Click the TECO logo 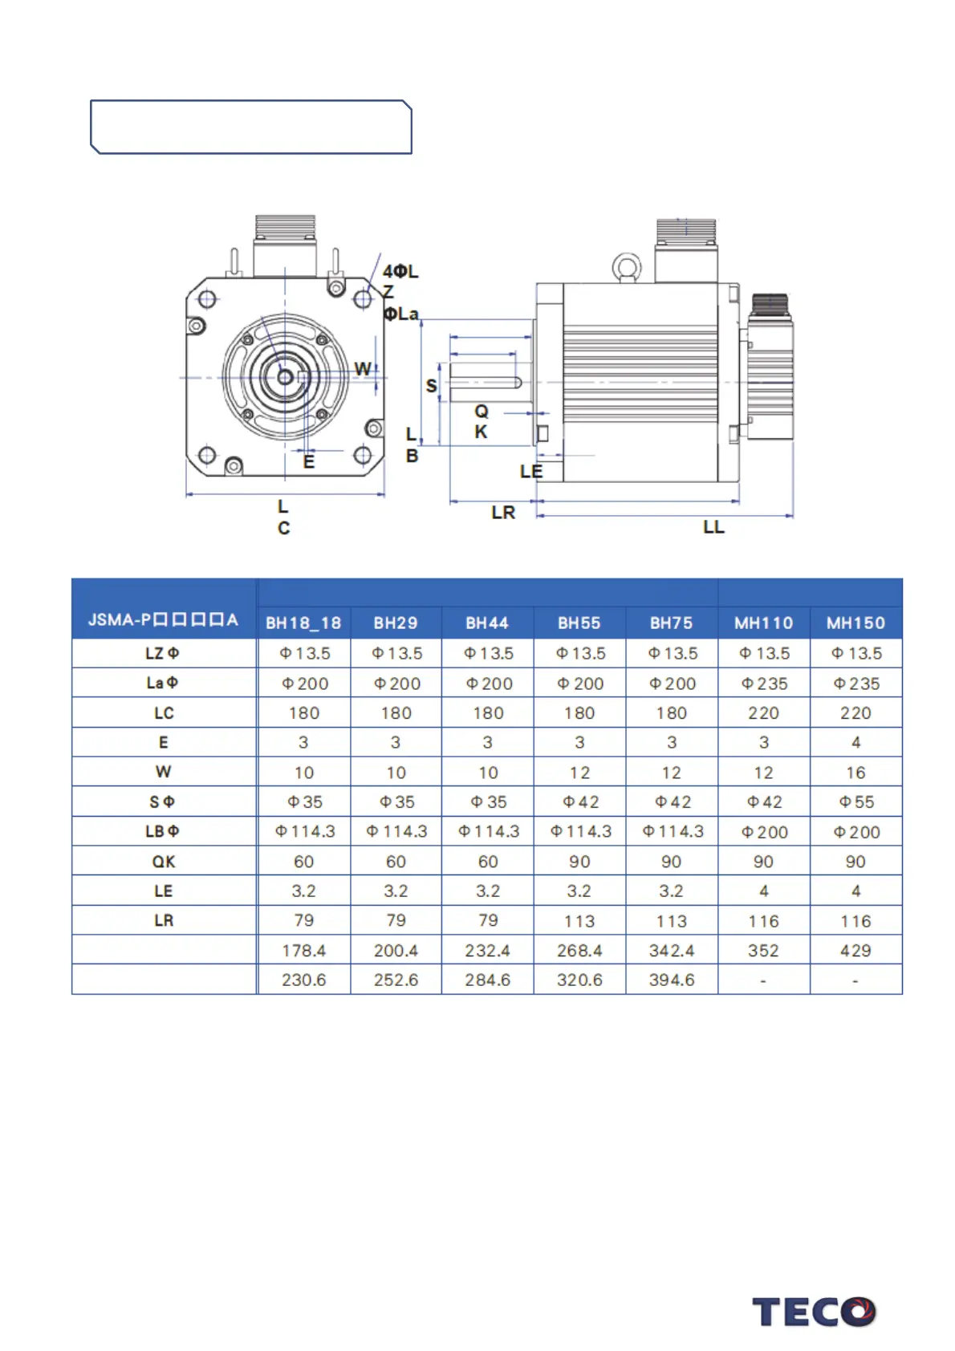[814, 1312]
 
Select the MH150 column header [855, 623]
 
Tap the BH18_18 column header [303, 623]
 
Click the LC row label [164, 713]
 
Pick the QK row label [164, 862]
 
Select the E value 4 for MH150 [855, 742]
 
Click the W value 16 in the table [855, 773]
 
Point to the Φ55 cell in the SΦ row [856, 802]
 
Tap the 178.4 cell [303, 951]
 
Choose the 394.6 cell [672, 980]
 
